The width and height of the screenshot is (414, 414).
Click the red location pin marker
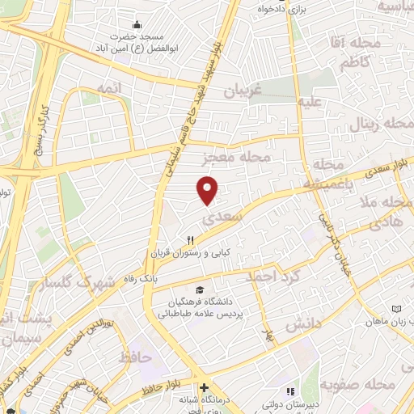208,189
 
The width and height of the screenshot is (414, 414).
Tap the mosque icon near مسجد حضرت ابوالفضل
137,24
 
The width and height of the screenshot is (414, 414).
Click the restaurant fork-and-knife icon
191,239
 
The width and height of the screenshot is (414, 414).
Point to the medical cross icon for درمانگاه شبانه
205,388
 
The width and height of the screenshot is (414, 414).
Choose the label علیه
313,103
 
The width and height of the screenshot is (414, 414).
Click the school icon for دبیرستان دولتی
269,393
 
